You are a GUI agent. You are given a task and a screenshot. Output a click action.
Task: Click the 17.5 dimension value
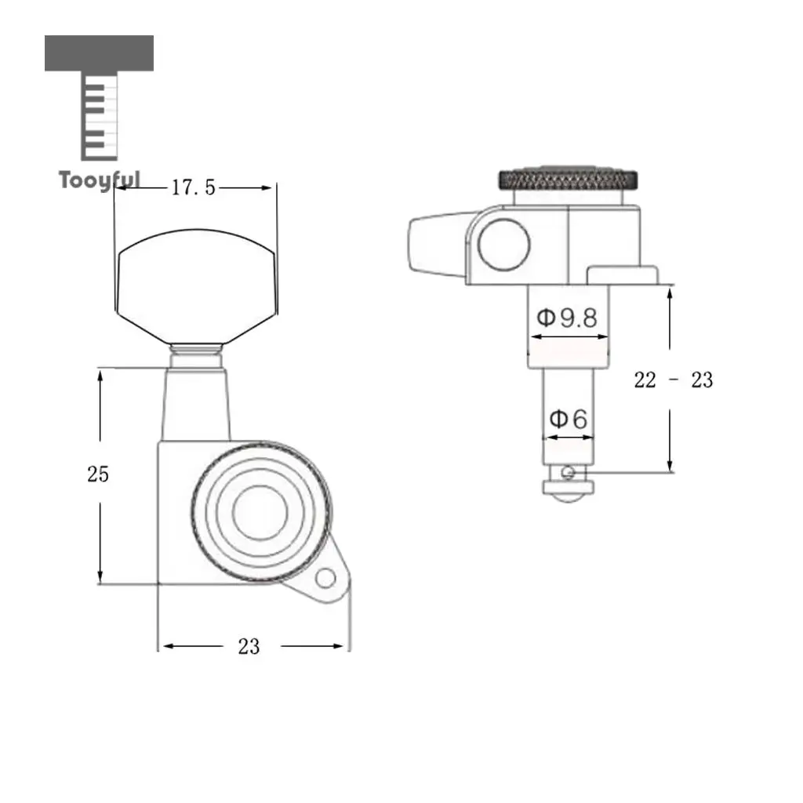[193, 188]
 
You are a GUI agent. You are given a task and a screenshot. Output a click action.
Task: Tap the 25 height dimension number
[98, 474]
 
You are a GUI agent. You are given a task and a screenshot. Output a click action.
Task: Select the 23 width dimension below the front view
[249, 646]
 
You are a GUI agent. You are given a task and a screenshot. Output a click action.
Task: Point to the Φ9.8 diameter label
[567, 318]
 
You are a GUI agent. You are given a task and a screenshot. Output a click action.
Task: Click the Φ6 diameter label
[569, 419]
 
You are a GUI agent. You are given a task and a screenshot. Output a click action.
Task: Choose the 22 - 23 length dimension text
[673, 380]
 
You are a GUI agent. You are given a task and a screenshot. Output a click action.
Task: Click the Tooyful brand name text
[100, 180]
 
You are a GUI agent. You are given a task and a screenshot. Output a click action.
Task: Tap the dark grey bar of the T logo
[99, 53]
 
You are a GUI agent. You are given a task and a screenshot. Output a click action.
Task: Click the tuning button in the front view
[197, 286]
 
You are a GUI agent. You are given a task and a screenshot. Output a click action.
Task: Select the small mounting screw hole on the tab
[325, 579]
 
